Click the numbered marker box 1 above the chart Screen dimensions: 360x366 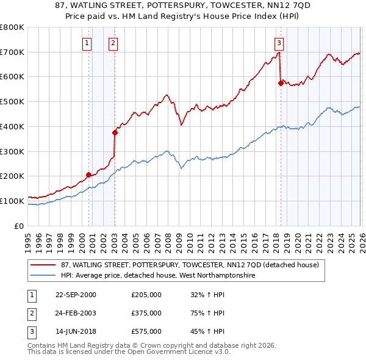coord(88,43)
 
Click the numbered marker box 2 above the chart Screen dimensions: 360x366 coord(114,43)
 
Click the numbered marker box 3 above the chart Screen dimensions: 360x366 coord(279,43)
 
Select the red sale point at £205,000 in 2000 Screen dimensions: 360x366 coord(89,175)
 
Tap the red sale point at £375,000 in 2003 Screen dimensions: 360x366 coord(115,132)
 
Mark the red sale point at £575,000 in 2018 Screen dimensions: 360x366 coord(281,83)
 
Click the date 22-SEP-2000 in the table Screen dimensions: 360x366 coord(76,295)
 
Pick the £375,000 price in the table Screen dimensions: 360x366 coord(146,313)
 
